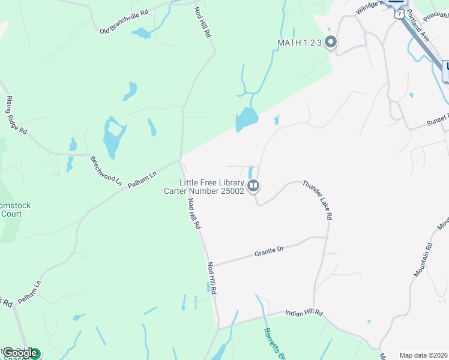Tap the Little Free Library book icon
pyautogui.click(x=254, y=187)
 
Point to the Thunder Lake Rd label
pyautogui.click(x=318, y=200)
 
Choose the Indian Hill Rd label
pyautogui.click(x=304, y=313)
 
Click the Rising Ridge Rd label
pyautogui.click(x=16, y=115)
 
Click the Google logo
pyautogui.click(x=19, y=353)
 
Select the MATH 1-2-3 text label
pyautogui.click(x=299, y=42)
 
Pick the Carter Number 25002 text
pyautogui.click(x=204, y=191)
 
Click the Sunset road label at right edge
pyautogui.click(x=437, y=119)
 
